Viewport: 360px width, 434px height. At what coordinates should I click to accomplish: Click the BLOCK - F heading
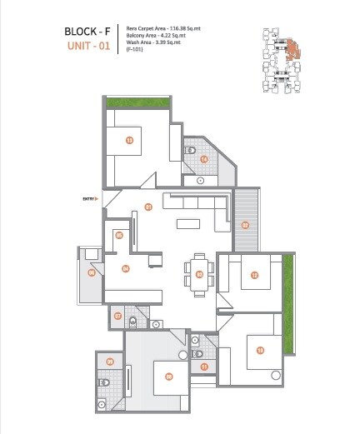click(x=87, y=32)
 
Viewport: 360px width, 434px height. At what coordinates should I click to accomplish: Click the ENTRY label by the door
click(x=90, y=198)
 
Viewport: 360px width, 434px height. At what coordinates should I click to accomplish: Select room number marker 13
click(x=129, y=140)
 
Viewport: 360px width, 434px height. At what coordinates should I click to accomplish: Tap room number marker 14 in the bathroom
click(x=203, y=159)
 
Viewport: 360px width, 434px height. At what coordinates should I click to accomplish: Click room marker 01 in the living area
click(x=148, y=207)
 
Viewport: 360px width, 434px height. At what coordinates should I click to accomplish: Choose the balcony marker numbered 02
click(x=245, y=225)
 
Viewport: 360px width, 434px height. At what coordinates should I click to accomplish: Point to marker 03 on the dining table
click(x=199, y=274)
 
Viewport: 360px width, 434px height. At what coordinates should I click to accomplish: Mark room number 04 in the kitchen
click(x=125, y=268)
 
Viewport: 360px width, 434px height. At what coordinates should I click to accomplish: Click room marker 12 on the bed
click(x=254, y=275)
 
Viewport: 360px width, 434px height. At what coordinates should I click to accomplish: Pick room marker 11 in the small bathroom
click(x=204, y=367)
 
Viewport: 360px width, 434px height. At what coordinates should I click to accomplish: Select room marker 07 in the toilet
click(x=118, y=316)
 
